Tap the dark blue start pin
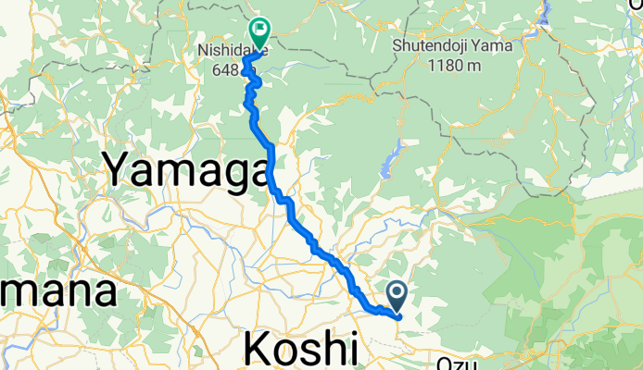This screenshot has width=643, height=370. coord(397,296)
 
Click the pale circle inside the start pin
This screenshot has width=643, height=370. coord(397,292)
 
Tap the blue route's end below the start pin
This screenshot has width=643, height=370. coord(397,316)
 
